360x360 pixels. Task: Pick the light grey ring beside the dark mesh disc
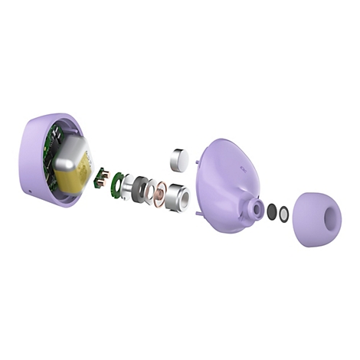point(283,214)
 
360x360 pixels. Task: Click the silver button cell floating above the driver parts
point(178,159)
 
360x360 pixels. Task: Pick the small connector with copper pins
point(100,175)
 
